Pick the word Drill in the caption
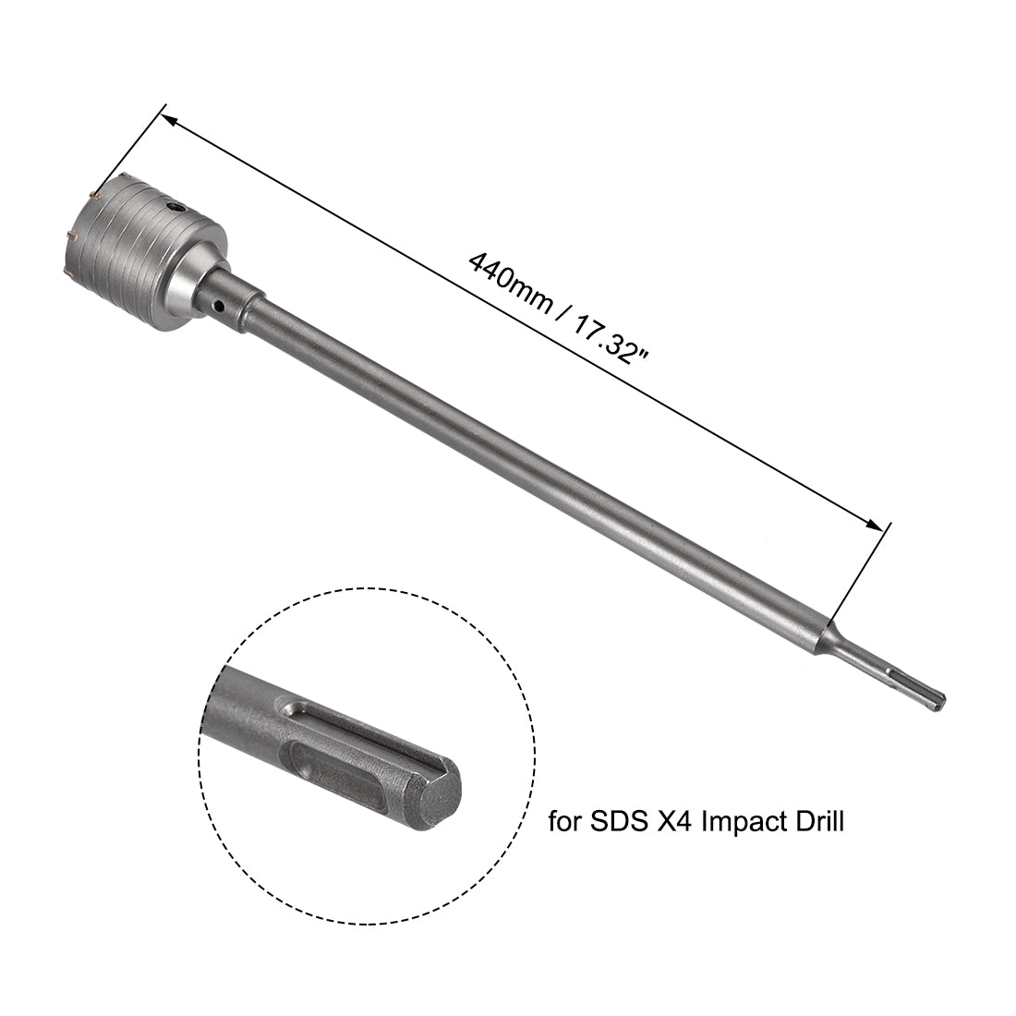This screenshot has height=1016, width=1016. tap(816, 821)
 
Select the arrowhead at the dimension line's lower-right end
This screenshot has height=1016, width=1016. tap(874, 526)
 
